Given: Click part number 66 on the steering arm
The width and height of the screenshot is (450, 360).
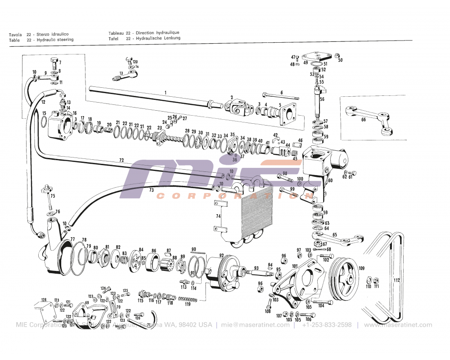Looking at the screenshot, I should (363, 120).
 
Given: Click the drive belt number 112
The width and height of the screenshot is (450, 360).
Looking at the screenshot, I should (396, 280).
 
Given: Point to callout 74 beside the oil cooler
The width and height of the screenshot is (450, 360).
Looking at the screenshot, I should (218, 216).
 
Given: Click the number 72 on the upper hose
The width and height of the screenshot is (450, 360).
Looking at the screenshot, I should (121, 160).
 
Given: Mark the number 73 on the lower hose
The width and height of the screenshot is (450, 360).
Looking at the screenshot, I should (152, 190).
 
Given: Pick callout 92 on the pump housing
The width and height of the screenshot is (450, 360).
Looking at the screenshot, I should (221, 256).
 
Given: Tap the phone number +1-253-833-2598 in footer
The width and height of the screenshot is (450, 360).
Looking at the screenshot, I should (327, 325).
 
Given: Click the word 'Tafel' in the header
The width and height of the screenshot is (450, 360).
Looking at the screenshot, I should (113, 39).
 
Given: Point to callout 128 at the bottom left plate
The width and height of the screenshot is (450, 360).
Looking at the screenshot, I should (44, 300).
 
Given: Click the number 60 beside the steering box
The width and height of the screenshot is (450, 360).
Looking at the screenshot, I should (330, 180).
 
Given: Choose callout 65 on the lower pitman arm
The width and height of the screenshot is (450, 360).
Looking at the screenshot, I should (334, 235).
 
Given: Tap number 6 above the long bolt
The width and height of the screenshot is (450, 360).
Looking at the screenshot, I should (282, 92).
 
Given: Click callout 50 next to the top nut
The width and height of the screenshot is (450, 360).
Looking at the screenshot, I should (340, 60).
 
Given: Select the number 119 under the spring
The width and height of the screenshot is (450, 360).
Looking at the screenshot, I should (188, 304).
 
